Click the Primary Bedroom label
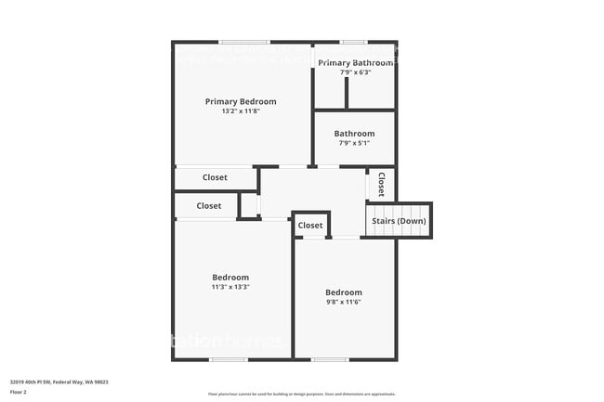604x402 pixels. (x=241, y=101)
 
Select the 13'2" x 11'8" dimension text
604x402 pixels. (x=241, y=111)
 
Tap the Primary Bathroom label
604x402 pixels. (x=356, y=62)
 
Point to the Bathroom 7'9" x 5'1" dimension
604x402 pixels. (x=354, y=143)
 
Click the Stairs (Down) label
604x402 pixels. (x=399, y=221)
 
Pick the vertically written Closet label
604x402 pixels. (x=381, y=184)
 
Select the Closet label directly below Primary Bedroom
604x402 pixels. (x=215, y=176)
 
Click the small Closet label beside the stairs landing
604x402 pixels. (x=310, y=226)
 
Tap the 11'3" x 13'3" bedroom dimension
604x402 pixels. (x=230, y=287)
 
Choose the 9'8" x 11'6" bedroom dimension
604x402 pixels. (x=343, y=302)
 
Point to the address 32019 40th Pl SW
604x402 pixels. (x=59, y=382)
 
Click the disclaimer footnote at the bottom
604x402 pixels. (x=302, y=394)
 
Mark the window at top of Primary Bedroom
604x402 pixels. (x=244, y=42)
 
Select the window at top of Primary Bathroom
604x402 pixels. (x=353, y=42)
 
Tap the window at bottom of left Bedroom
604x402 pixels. (x=229, y=359)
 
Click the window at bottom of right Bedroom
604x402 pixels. (x=330, y=359)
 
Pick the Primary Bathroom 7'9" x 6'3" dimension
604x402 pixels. (x=354, y=71)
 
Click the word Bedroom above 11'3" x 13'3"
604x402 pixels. (x=230, y=278)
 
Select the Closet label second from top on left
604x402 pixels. (x=209, y=206)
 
